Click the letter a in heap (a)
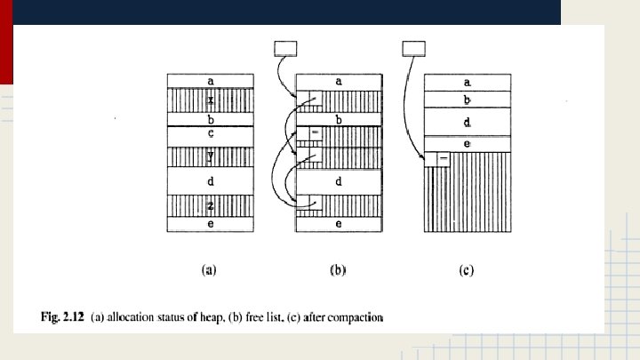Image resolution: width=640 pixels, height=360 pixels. point(211,81)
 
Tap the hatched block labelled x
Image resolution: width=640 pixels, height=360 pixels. point(211,100)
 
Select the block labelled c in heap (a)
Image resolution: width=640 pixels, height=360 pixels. point(211,134)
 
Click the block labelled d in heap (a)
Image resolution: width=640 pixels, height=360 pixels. point(211,181)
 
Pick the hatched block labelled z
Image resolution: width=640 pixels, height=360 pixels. point(211,206)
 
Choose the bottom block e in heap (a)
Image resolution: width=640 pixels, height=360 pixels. point(211,225)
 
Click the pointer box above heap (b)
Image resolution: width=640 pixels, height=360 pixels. point(286,48)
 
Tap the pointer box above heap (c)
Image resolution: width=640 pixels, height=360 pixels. point(414,48)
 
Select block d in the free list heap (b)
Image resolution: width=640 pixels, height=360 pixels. point(339,181)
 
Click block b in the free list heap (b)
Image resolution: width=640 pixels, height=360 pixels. point(339,119)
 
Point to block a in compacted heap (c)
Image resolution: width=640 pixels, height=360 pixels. point(468,82)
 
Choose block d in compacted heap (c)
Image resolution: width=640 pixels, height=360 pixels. point(468,121)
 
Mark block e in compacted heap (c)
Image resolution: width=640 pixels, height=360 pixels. point(468,143)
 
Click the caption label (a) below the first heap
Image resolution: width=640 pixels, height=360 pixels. point(210,271)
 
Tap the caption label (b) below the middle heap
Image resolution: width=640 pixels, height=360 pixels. point(338,271)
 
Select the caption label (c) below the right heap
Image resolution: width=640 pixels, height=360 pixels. point(467,271)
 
